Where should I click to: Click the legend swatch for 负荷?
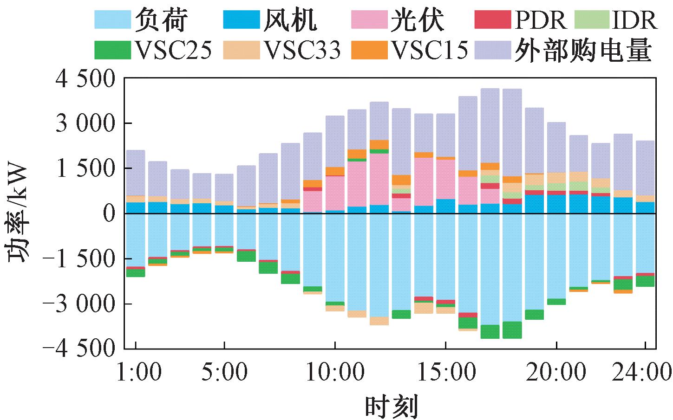(112, 19)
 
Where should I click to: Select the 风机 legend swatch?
(241, 19)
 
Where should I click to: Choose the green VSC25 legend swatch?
(112, 50)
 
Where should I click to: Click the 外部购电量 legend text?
(583, 51)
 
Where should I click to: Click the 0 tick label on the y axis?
(110, 214)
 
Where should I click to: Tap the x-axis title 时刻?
(391, 406)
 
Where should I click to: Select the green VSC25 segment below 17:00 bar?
(490, 331)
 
